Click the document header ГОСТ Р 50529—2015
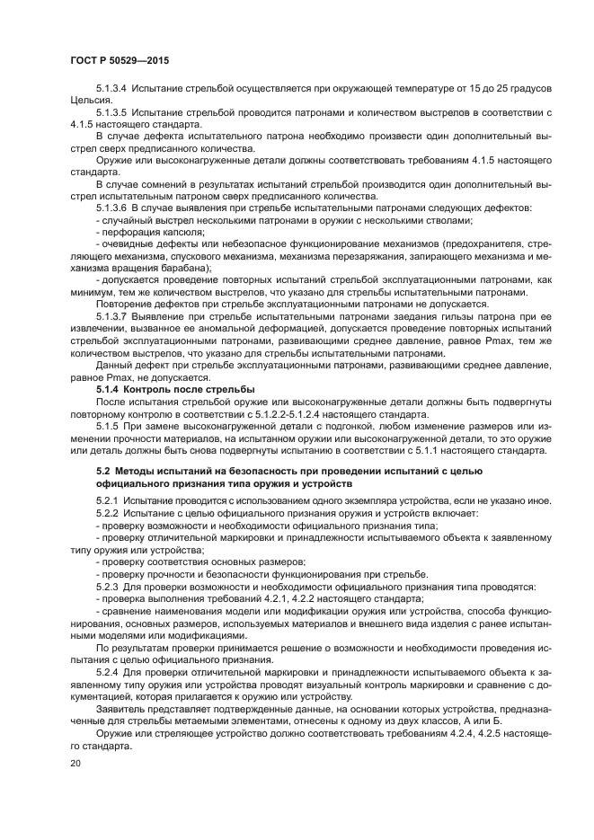tap(119, 59)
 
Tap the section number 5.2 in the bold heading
tap(102, 470)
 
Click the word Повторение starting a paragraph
tap(127, 305)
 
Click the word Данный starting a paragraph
tap(117, 366)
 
